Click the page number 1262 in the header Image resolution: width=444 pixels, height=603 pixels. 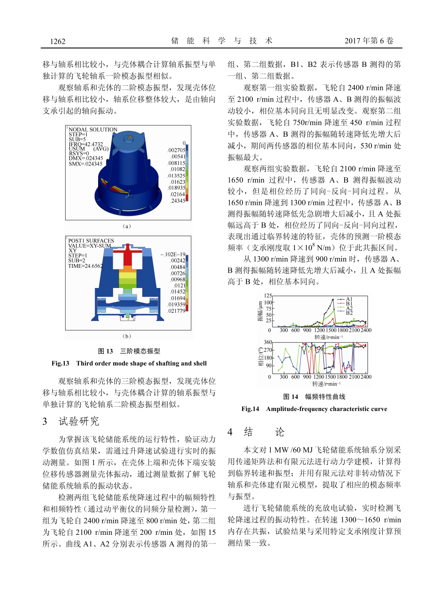coord(57,42)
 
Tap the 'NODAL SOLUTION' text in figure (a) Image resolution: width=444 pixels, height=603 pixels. coord(93,129)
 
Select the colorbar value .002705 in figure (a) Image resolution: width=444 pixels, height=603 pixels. coord(176,150)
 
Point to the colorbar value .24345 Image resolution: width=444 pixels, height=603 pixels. coord(177,201)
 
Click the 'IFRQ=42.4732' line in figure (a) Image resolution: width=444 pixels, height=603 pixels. coord(86,144)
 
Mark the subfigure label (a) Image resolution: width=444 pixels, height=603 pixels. coord(127,226)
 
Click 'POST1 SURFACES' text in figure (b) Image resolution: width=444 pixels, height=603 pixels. coord(91,241)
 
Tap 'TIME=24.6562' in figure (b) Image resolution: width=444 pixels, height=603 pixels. coord(85,266)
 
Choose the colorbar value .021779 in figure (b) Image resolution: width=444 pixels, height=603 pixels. coord(176,311)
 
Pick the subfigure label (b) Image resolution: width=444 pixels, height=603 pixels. coord(127,336)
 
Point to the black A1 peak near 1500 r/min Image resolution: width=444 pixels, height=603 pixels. coord(333,300)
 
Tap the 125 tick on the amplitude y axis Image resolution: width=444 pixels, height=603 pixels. coord(268,296)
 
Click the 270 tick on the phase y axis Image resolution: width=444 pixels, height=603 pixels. coord(268,350)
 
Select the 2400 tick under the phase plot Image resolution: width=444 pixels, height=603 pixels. coord(366,377)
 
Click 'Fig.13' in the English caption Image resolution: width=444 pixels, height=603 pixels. coord(60,363)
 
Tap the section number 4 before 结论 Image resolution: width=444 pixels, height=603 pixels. coord(230,432)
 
